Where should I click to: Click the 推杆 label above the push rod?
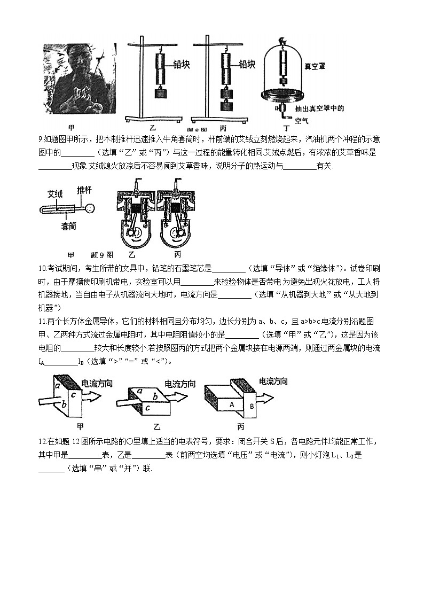tap(84, 190)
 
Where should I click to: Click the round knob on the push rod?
tap(92, 208)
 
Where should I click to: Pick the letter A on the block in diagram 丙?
tap(232, 405)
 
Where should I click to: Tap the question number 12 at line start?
tap(43, 441)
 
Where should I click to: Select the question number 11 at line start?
tap(43, 321)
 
